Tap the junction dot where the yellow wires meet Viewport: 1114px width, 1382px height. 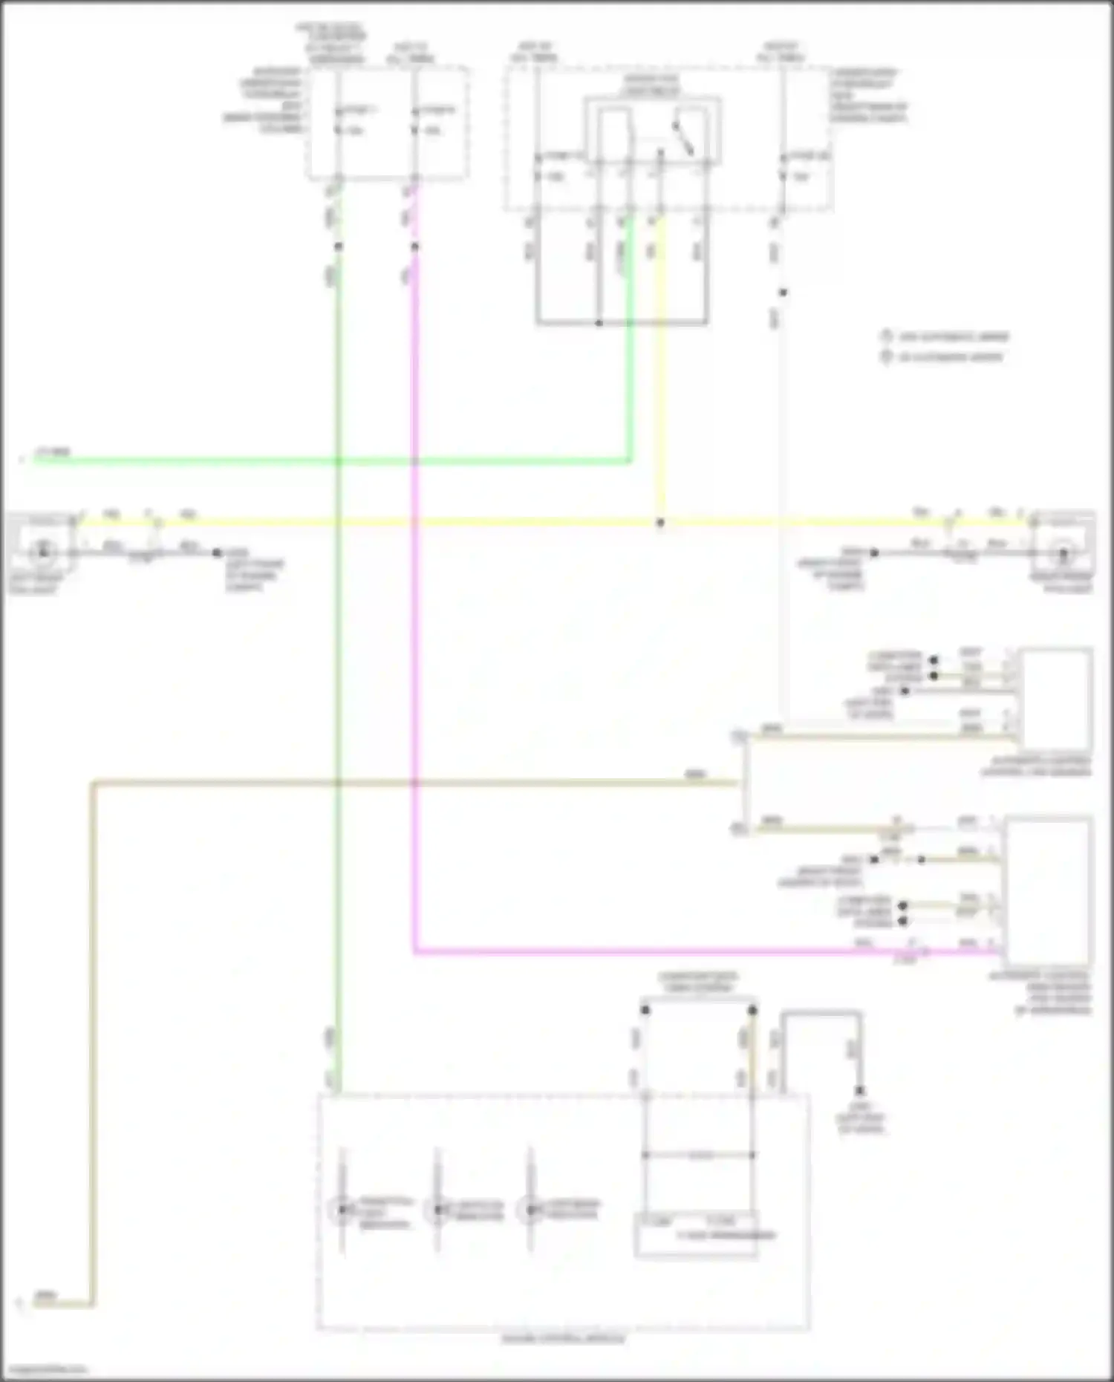[659, 523]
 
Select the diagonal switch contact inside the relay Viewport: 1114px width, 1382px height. [683, 138]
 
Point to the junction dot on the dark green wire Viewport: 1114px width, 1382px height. [338, 247]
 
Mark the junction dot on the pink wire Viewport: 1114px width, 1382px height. [414, 247]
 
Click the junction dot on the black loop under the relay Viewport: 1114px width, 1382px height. [599, 323]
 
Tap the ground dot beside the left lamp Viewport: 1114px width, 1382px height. [217, 553]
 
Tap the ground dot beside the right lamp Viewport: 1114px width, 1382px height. [874, 553]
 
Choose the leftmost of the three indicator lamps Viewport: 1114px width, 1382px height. [342, 1210]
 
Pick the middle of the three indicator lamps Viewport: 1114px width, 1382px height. [437, 1210]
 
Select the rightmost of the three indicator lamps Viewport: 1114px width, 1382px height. [530, 1210]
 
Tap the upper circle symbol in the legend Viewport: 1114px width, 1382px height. [885, 336]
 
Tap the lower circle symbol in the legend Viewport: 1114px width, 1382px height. [885, 356]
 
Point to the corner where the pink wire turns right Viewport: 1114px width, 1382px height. [414, 951]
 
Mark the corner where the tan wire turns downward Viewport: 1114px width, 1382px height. [93, 783]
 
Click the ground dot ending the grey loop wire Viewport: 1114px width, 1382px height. [859, 1091]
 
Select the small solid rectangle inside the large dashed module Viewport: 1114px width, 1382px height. [696, 1234]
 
